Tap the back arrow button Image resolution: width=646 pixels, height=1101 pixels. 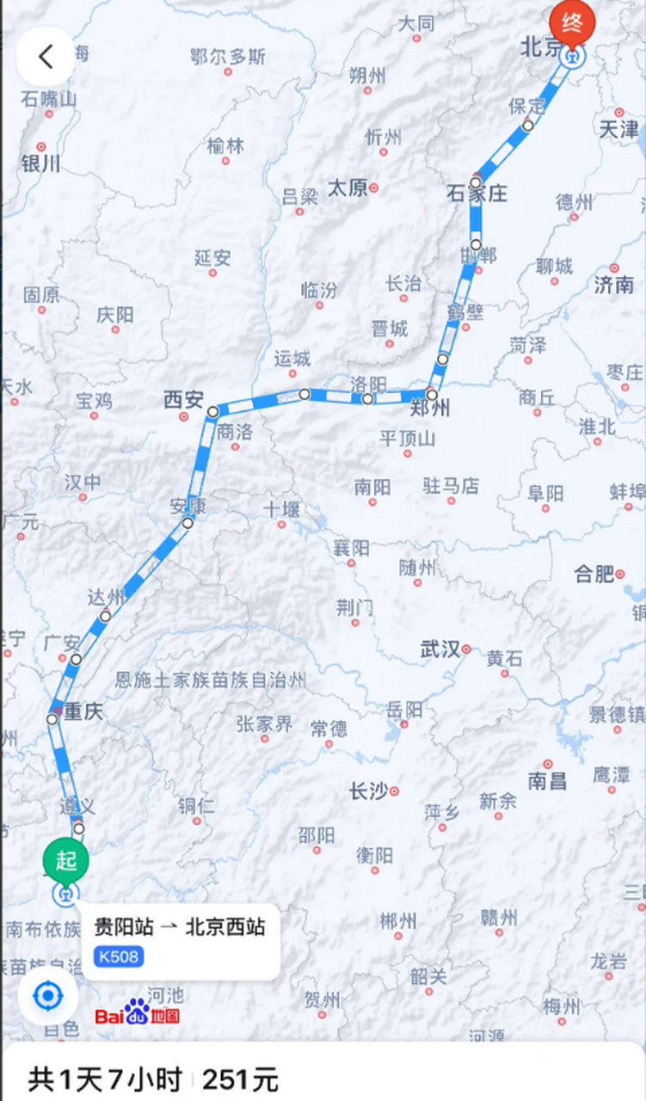(x=45, y=57)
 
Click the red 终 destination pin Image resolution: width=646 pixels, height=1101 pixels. (x=572, y=22)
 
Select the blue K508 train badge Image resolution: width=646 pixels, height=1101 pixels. (x=119, y=956)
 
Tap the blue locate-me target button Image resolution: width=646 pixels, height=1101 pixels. (x=47, y=996)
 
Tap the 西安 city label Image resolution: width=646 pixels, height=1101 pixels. (x=183, y=400)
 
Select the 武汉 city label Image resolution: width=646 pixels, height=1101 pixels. (x=440, y=649)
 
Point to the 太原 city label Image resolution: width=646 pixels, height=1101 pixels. (x=348, y=188)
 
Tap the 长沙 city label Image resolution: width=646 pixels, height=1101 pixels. (x=369, y=791)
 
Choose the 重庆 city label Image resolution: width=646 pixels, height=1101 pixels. (x=82, y=712)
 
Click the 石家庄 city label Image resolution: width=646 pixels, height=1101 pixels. (x=477, y=194)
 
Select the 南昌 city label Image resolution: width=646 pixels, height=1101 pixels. (x=547, y=781)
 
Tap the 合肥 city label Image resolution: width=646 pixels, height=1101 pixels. (x=594, y=574)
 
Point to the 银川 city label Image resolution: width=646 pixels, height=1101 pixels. (x=41, y=163)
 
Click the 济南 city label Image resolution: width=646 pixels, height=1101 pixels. (x=614, y=285)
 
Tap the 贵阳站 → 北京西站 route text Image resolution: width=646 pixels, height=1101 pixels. (x=179, y=927)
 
